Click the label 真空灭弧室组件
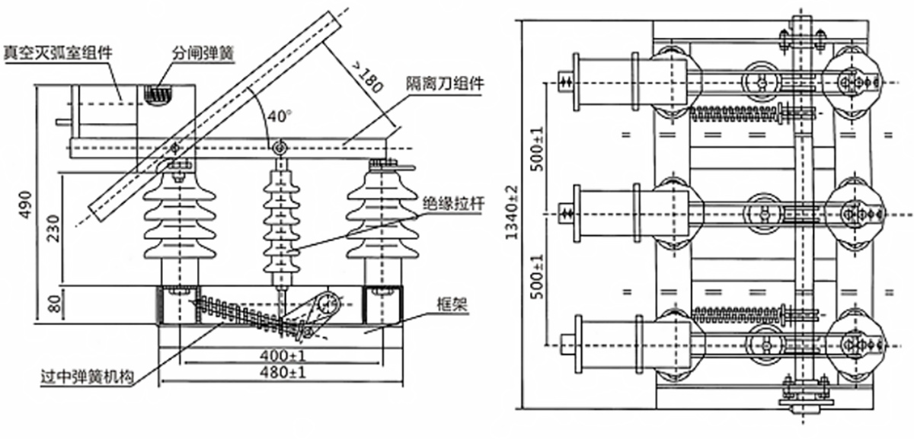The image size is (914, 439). coord(58,52)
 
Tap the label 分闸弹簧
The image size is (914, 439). coord(202,52)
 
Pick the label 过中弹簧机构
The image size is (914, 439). coord(89,377)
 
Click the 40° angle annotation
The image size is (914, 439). coord(280,116)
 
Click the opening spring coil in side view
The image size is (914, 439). coord(159,95)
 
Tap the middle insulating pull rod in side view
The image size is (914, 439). coord(280,221)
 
